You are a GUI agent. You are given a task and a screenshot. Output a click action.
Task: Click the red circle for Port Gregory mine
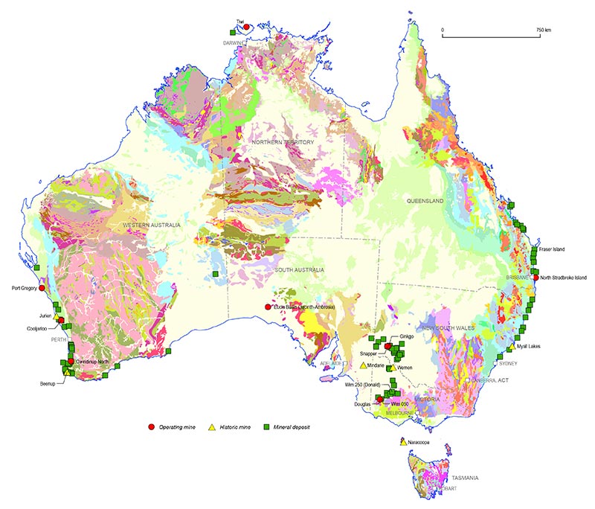tap(42, 287)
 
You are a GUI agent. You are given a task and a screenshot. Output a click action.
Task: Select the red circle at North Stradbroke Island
tap(535, 278)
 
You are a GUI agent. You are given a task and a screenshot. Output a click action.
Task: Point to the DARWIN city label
tap(234, 43)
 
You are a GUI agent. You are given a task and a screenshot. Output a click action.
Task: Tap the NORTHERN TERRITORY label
tap(283, 142)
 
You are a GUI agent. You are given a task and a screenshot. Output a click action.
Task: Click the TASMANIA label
tap(460, 477)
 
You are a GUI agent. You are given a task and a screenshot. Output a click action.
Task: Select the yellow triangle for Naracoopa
tap(402, 442)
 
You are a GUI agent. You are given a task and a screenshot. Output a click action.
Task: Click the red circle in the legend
tap(151, 426)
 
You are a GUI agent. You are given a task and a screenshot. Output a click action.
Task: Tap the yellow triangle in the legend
tap(211, 426)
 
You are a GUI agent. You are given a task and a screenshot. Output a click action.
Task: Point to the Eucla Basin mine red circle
tap(268, 307)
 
